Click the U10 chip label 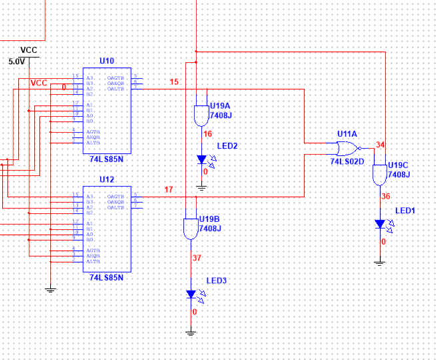(x=107, y=61)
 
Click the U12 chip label (x=107, y=180)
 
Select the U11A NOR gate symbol (x=347, y=147)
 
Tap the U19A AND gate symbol (x=199, y=116)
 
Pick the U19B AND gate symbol (x=191, y=228)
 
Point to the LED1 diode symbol (x=380, y=224)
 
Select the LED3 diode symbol (x=192, y=294)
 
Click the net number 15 (x=174, y=83)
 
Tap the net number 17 (x=169, y=190)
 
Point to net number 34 (x=380, y=145)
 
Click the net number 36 (x=385, y=197)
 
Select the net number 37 (x=196, y=258)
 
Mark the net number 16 (x=207, y=135)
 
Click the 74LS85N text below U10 (x=107, y=160)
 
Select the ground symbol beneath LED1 (x=380, y=262)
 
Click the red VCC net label (x=39, y=83)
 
